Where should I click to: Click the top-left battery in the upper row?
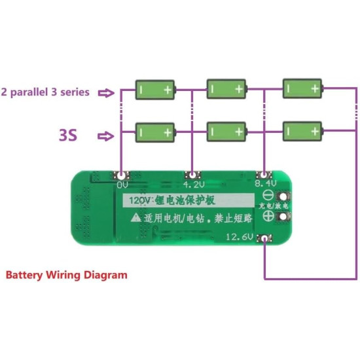click(156, 90)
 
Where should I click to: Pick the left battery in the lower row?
click(156, 133)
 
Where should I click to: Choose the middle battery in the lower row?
click(228, 132)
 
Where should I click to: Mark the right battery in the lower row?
click(302, 132)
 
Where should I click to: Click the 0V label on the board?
click(122, 186)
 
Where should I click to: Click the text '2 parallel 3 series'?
click(45, 92)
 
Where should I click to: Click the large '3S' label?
click(68, 135)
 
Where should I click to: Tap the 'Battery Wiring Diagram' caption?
click(66, 275)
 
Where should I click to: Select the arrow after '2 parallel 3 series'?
click(105, 93)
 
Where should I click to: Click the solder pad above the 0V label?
click(122, 175)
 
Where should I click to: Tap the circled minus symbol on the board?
click(268, 196)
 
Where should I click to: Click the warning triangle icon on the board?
click(135, 216)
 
